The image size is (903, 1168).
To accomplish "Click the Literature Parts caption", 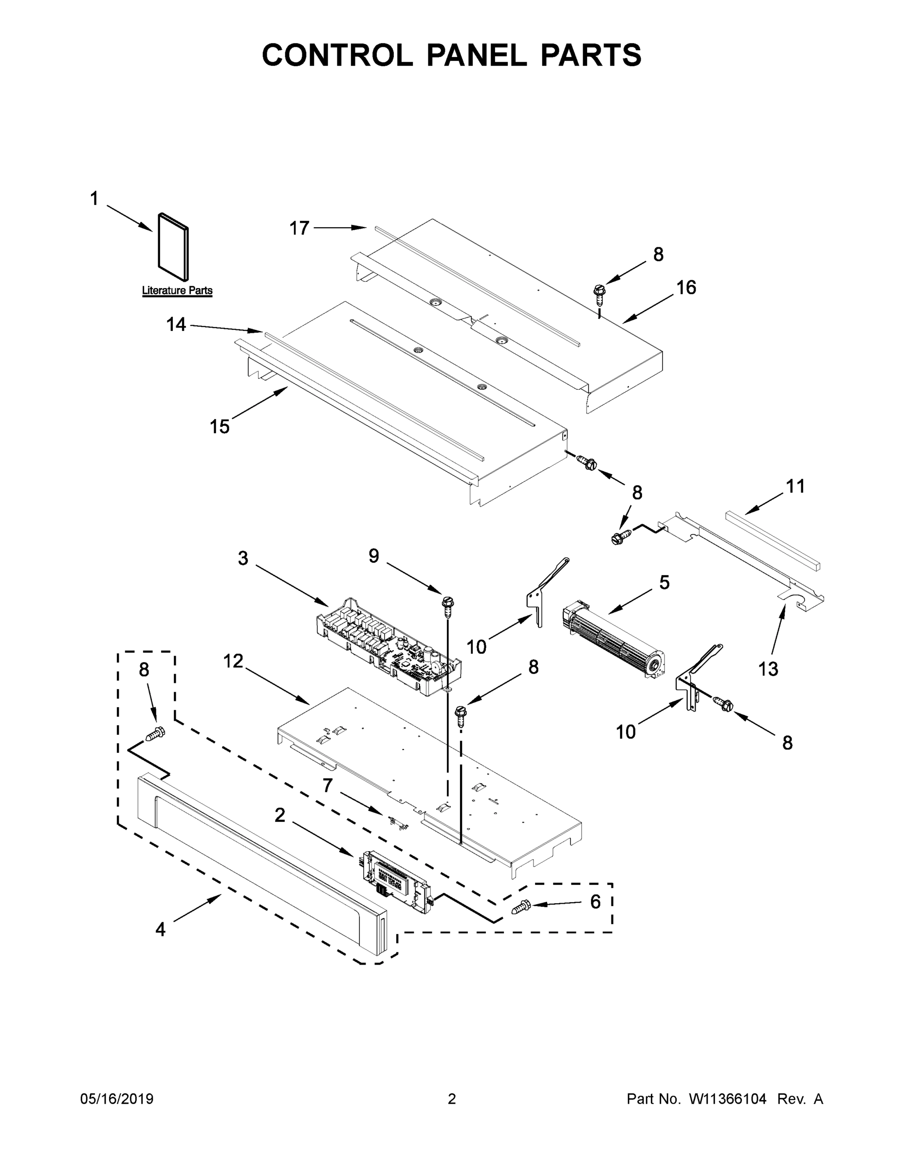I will pos(177,291).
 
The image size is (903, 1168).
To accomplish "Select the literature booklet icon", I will pos(173,247).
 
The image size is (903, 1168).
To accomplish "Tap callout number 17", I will pos(299,228).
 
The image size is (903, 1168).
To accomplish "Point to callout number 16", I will pos(686,288).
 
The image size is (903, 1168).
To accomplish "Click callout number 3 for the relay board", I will pos(243,558).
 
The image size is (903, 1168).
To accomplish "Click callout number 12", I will pos(233,661).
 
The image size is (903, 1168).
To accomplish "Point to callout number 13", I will pos(768,669).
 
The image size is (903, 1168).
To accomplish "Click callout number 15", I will pos(220,427).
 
